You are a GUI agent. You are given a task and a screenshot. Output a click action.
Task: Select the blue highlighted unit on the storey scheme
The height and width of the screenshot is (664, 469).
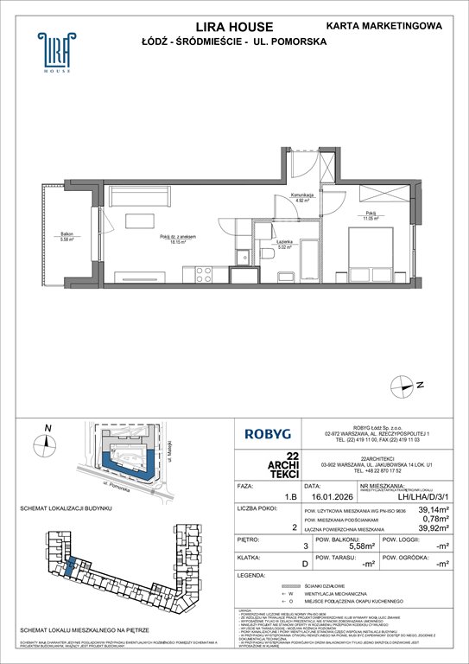[x=69, y=568]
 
